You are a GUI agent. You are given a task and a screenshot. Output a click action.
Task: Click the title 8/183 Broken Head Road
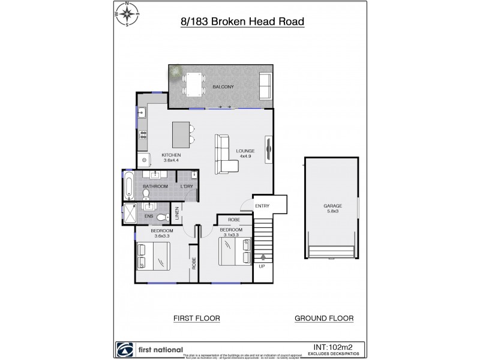[242, 22]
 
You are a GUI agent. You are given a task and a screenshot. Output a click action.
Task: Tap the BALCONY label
[223, 88]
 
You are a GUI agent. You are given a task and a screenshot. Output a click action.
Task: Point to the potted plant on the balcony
[175, 72]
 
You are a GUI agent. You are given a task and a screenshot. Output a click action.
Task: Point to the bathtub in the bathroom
[129, 187]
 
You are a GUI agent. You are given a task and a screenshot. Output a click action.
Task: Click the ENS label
[149, 215]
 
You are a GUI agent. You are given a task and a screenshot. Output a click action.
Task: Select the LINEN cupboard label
[177, 214]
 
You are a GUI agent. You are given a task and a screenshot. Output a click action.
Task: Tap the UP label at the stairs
[262, 265]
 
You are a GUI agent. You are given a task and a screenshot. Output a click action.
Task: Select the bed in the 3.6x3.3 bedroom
[153, 257]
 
